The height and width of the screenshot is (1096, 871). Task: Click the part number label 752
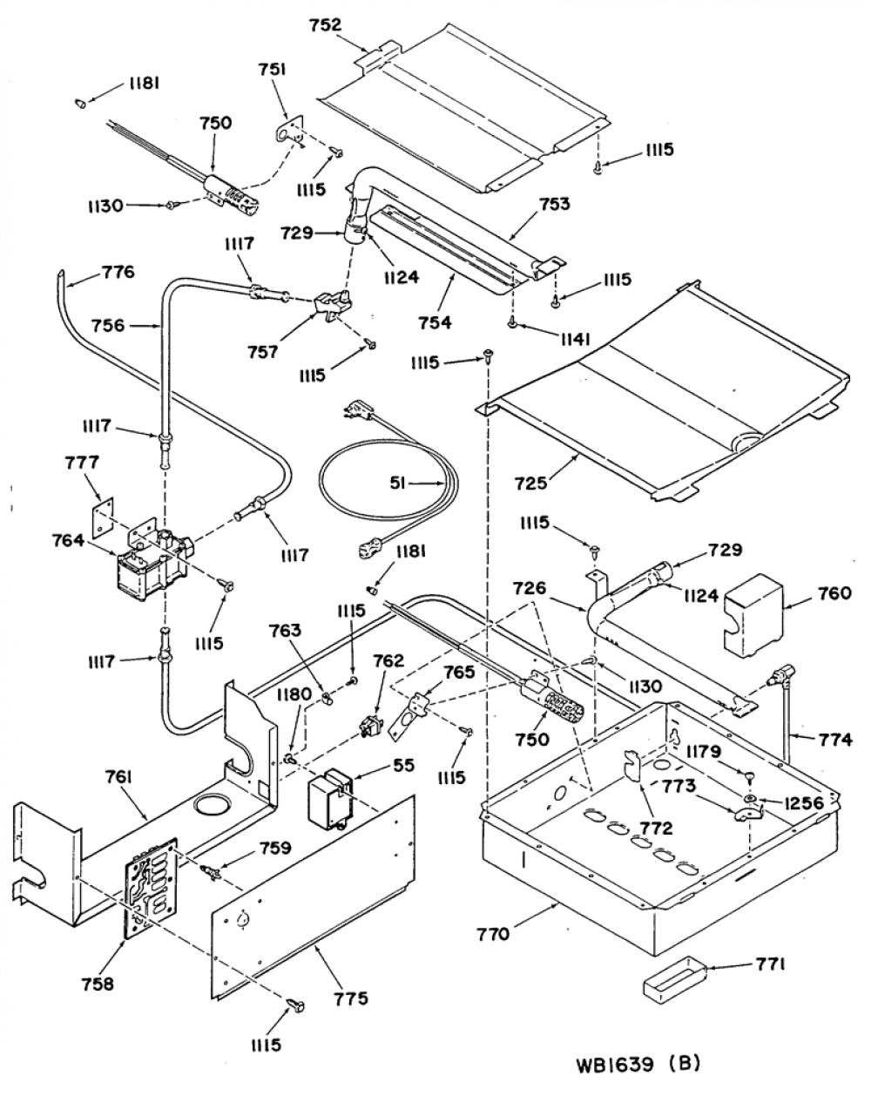pos(325,24)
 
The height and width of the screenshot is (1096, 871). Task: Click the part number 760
pos(834,593)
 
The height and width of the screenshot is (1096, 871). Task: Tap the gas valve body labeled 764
pos(152,559)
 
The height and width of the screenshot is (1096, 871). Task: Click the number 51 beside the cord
pos(398,484)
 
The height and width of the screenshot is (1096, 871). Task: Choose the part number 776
pos(118,272)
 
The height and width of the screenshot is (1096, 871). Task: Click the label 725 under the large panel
pos(530,483)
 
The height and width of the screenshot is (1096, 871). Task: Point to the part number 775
pos(350,998)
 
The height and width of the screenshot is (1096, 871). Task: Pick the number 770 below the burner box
pos(493,935)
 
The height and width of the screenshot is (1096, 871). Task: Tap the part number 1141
pos(575,340)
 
